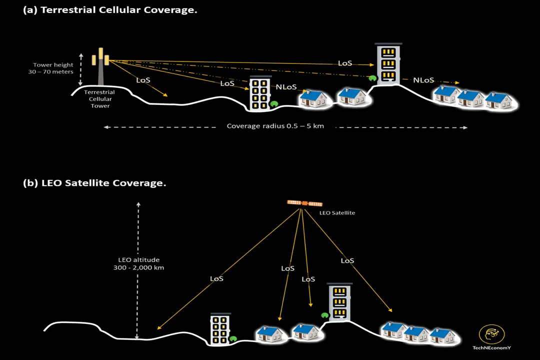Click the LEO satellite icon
pyautogui.click(x=304, y=203)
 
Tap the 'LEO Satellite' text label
pyautogui.click(x=337, y=213)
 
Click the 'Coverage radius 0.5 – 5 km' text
pyautogui.click(x=275, y=126)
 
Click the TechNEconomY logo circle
pyautogui.click(x=491, y=334)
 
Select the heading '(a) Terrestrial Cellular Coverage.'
pyautogui.click(x=110, y=10)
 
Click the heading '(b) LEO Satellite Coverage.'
pyautogui.click(x=95, y=183)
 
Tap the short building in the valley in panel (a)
pyautogui.click(x=260, y=93)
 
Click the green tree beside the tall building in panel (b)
pyautogui.click(x=324, y=315)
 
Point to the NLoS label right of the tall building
pyautogui.click(x=423, y=80)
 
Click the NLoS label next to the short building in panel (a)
pyautogui.click(x=286, y=87)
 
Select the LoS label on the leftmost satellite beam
pyautogui.click(x=216, y=278)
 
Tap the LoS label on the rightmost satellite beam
pyautogui.click(x=347, y=260)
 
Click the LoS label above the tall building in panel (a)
pyautogui.click(x=345, y=63)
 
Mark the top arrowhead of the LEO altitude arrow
pyautogui.click(x=138, y=203)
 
